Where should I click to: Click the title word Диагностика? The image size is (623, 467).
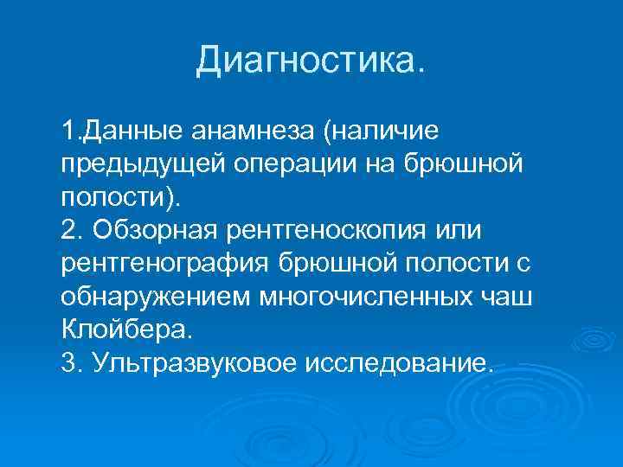click(x=311, y=61)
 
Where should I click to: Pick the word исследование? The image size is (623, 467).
click(x=399, y=362)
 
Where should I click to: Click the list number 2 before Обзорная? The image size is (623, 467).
click(x=70, y=231)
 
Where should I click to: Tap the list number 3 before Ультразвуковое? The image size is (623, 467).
click(x=70, y=362)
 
